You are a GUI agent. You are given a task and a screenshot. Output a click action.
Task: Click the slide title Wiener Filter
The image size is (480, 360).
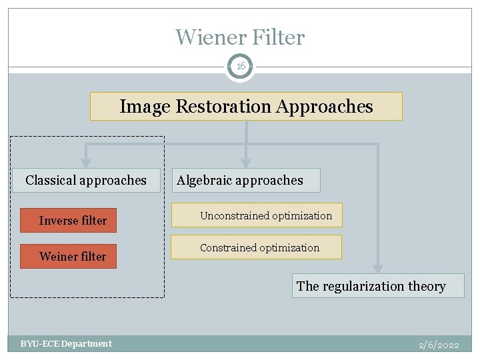coord(240,37)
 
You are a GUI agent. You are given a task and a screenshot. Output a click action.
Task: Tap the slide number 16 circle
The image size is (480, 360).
coord(240,67)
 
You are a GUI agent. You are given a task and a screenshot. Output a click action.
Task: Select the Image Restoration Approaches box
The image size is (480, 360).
coord(246,106)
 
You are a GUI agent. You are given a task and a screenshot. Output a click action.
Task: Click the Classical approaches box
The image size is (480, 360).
coord(87,180)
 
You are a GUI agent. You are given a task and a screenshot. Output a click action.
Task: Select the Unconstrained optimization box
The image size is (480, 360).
coord(257,215)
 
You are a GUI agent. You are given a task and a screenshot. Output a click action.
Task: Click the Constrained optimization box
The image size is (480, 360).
coord(257,247)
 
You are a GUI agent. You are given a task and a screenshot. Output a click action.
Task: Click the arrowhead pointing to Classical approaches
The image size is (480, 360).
coord(85,162)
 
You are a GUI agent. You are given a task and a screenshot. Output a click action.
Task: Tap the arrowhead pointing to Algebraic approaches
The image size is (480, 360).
coord(245,162)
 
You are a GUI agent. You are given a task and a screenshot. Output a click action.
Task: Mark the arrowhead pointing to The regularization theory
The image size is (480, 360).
coord(378,268)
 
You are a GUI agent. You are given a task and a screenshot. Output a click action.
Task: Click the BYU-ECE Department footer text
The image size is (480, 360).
coord(66,343)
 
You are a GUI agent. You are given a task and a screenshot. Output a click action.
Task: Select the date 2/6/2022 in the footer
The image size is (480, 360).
coord(439,345)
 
